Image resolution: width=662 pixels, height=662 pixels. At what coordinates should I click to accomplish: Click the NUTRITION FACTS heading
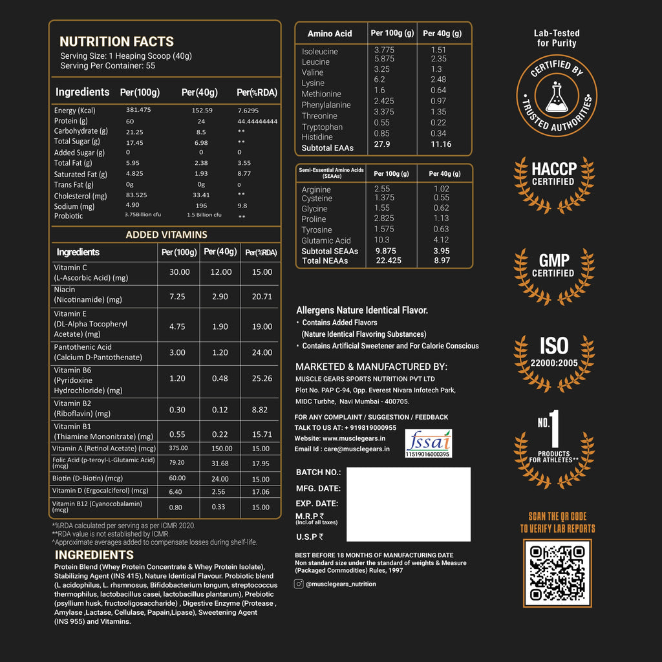click(x=116, y=41)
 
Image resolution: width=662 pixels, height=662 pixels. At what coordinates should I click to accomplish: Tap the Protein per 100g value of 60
click(x=130, y=121)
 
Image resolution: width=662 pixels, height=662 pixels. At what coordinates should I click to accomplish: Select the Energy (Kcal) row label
click(x=74, y=111)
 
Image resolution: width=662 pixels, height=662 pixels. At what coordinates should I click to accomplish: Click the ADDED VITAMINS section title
click(x=166, y=235)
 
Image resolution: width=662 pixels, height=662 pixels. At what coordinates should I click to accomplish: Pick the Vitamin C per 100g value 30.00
click(x=179, y=272)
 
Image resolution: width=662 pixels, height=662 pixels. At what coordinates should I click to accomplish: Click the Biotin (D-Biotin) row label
click(x=87, y=478)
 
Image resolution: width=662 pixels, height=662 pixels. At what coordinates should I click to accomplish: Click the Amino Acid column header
click(x=330, y=34)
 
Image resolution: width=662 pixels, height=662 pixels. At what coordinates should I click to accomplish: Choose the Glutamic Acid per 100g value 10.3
click(x=381, y=240)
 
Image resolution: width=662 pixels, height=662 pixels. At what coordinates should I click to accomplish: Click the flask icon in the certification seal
click(x=557, y=99)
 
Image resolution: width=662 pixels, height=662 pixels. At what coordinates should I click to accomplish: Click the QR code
click(x=557, y=573)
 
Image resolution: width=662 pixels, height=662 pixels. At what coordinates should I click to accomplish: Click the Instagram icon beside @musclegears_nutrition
click(x=299, y=584)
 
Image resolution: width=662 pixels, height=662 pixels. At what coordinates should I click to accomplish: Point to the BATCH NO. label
click(x=318, y=473)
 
